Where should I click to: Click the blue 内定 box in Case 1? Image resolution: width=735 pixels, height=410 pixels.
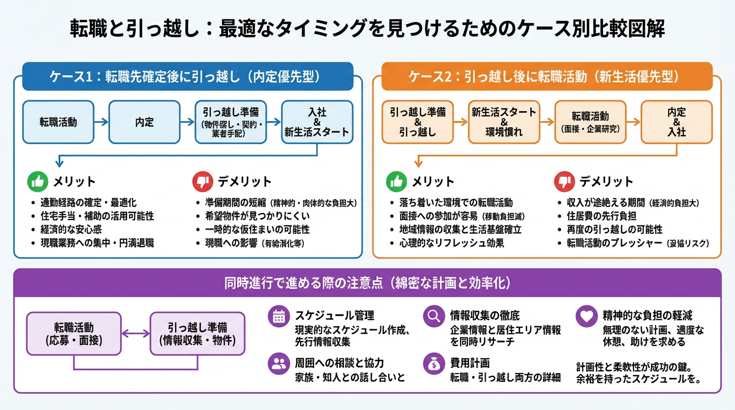pos(144,122)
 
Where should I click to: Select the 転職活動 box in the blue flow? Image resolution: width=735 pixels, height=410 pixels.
pos(58,122)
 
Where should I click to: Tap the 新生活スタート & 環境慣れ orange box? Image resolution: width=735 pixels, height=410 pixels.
pos(504,122)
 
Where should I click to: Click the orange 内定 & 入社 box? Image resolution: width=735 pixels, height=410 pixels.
pos(676,122)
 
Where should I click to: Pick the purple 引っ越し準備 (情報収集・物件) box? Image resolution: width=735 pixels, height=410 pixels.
pos(197,334)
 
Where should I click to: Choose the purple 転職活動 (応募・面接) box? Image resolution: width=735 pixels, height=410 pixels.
pos(73,334)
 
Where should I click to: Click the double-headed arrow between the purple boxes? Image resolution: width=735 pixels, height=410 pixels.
pos(135,334)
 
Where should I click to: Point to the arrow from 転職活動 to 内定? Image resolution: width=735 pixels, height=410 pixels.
pos(101,122)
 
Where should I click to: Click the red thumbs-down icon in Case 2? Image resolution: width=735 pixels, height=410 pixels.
pos(564,182)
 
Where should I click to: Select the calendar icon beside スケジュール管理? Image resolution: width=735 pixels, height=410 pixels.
pos(278,316)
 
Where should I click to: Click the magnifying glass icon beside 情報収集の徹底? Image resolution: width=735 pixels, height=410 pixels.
pos(433,316)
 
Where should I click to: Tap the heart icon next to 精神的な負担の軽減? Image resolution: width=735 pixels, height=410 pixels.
pos(586,316)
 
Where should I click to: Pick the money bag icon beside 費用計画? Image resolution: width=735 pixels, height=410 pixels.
pos(433,364)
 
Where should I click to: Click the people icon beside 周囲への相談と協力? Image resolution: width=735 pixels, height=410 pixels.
pos(278,364)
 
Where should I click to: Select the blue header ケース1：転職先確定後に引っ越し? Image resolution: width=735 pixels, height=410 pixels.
pos(187,76)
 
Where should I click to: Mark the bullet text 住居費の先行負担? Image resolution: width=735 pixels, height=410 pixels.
pos(601,216)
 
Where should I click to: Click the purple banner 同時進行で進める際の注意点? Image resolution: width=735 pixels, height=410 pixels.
pos(367,283)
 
